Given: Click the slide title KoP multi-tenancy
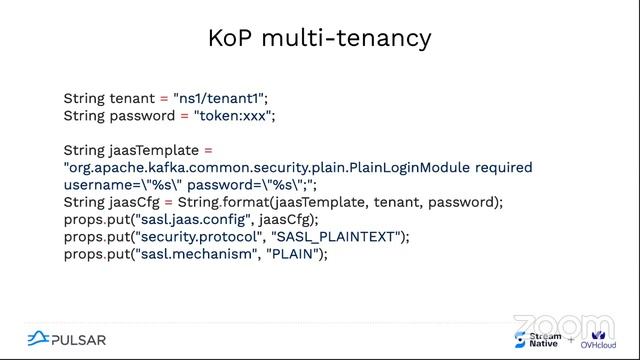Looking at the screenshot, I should point(320,38).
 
